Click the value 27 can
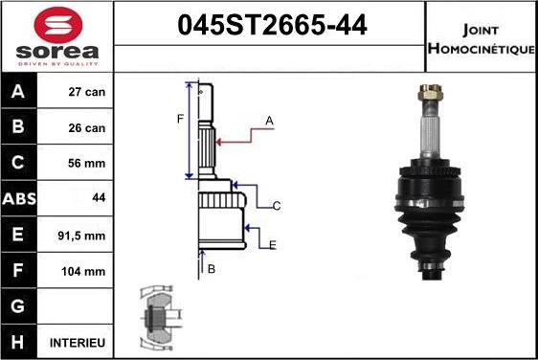87,93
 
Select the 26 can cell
87,128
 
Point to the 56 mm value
87,164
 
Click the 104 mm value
86,271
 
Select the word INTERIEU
78,342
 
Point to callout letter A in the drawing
270,120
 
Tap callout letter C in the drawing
277,206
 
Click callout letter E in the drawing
273,245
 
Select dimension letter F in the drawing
179,119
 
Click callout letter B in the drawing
212,269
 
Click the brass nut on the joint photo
428,96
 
